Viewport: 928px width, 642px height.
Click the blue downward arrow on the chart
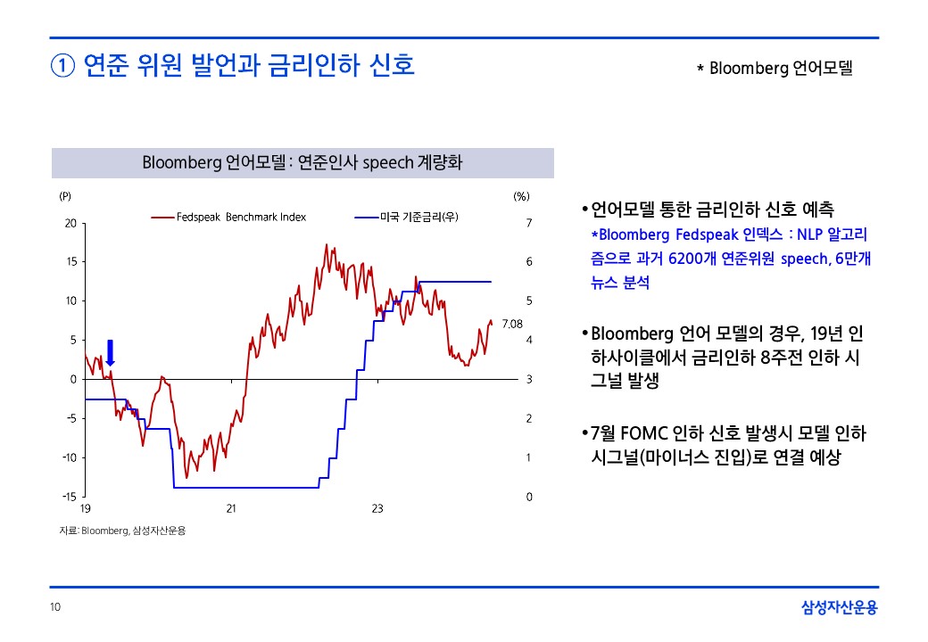pos(110,353)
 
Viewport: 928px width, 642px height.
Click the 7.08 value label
pos(512,324)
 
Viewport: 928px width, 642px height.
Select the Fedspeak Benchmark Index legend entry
pos(228,217)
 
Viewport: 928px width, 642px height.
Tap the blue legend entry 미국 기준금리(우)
pos(406,217)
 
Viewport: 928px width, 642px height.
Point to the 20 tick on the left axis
pos(71,223)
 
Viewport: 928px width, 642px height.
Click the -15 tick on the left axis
pos(70,497)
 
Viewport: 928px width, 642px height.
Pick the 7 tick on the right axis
pos(529,223)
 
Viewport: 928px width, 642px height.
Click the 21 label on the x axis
pos(231,508)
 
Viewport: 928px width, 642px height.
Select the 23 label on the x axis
pos(377,508)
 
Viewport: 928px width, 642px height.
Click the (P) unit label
pos(65,196)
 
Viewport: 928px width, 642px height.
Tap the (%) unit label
pos(521,196)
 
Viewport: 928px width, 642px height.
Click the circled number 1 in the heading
pos(62,66)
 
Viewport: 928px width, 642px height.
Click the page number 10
pos(55,606)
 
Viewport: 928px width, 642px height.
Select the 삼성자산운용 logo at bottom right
pos(840,607)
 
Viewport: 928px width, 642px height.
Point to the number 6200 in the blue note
pos(684,259)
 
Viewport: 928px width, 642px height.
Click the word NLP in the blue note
pos(809,235)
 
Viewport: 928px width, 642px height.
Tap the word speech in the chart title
pos(387,163)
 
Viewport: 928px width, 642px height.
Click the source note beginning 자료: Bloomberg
pos(122,531)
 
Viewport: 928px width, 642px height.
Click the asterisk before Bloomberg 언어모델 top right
pos(700,69)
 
